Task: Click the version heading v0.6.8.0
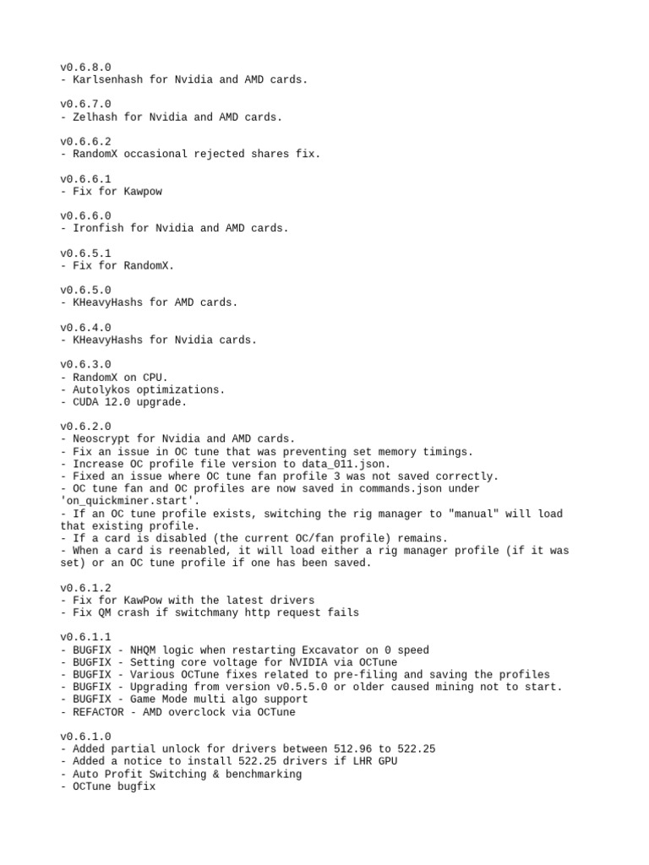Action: pyautogui.click(x=85, y=67)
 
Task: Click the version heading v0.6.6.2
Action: pyautogui.click(x=85, y=142)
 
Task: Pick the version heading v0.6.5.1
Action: pyautogui.click(x=85, y=253)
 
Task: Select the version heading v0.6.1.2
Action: pyautogui.click(x=85, y=588)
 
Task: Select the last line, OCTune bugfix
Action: pyautogui.click(x=112, y=786)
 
